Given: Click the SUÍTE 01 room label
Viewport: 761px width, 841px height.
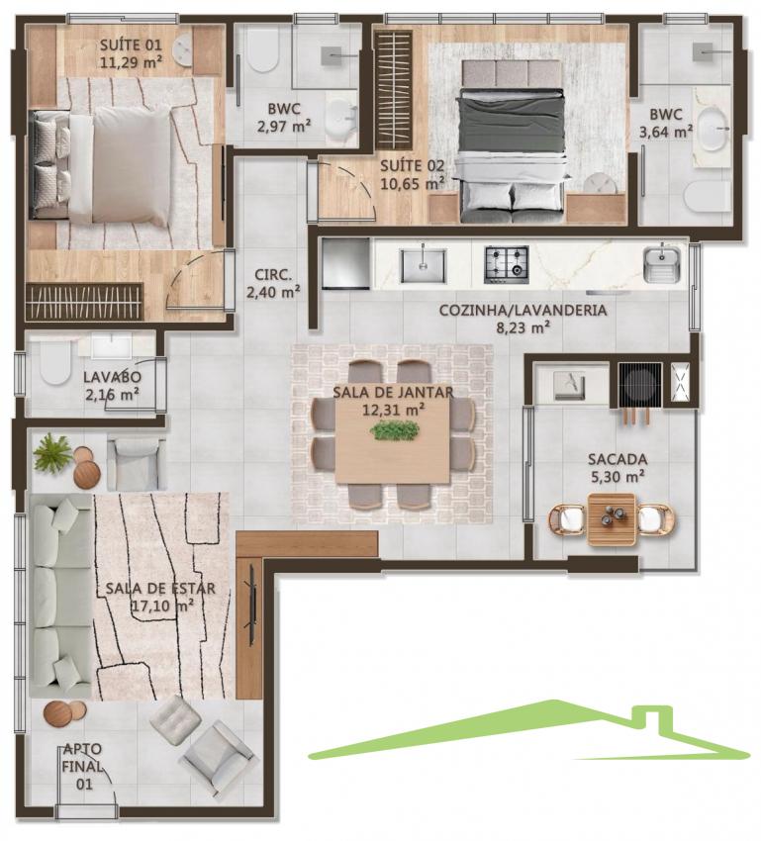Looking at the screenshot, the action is pos(131,45).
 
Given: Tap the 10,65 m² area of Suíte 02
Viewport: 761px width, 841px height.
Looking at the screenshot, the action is pos(413,184).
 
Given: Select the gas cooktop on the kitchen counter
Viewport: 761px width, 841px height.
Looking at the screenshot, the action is pos(507,264).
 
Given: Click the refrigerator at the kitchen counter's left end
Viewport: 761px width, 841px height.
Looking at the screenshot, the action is pos(346,263).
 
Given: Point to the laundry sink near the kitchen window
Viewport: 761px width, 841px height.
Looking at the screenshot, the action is pos(662,264).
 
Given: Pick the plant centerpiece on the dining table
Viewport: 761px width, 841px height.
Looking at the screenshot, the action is pos(395,430).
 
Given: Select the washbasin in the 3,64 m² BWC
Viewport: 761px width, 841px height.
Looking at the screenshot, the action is pos(712,129).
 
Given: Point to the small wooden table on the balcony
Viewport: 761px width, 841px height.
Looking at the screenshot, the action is pos(612,519).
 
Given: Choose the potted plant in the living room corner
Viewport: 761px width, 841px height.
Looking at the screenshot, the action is pos(52,453).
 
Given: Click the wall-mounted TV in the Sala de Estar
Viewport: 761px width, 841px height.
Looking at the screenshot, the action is pos(251,605).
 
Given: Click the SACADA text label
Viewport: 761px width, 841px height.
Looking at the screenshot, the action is pos(618,459).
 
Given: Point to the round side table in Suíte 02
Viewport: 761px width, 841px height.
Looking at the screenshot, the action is pos(600,184).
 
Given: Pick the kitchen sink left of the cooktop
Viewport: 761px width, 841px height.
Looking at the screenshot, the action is pos(423,265).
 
